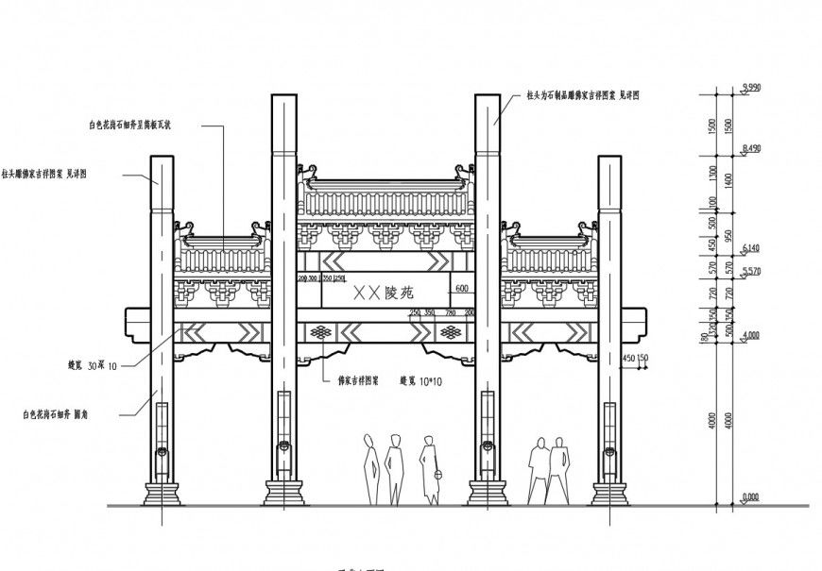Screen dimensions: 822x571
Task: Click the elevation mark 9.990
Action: [752, 87]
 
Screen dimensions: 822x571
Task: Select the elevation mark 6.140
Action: [752, 247]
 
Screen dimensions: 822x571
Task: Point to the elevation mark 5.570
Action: [752, 272]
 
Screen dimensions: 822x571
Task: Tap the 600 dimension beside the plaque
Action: [461, 288]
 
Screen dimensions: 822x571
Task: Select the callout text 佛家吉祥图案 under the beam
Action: [358, 382]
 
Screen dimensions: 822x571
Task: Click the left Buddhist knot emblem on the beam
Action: [322, 332]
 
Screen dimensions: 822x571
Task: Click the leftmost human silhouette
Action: [371, 468]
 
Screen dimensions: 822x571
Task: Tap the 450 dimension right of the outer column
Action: [629, 358]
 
